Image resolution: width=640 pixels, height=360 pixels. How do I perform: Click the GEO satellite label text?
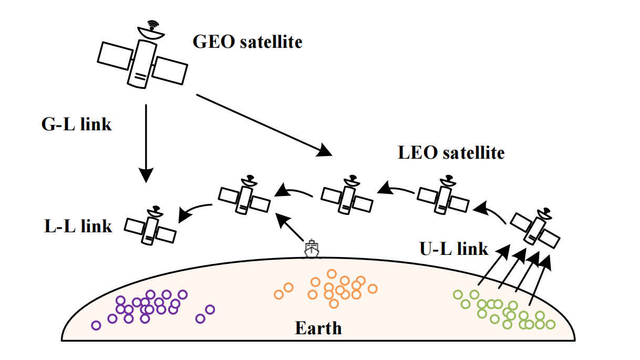point(247,42)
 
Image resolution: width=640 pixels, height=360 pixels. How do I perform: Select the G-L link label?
point(76,125)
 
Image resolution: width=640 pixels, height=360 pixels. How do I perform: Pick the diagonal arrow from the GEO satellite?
point(264,125)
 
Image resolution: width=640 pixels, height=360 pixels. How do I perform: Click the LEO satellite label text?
point(451,153)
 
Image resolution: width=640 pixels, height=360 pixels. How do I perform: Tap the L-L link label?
point(78,226)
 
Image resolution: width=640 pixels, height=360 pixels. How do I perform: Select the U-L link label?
point(453,248)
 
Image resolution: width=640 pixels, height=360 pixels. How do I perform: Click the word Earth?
point(318,329)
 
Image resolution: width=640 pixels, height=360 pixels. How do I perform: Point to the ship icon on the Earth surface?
point(312,248)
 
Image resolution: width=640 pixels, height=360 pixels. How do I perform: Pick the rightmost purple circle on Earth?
point(210,310)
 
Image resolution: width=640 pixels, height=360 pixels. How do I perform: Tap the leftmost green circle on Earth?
point(457,295)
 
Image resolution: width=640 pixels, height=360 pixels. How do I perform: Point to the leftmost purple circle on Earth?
point(96,325)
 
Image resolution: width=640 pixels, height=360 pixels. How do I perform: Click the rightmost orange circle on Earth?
point(373,289)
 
